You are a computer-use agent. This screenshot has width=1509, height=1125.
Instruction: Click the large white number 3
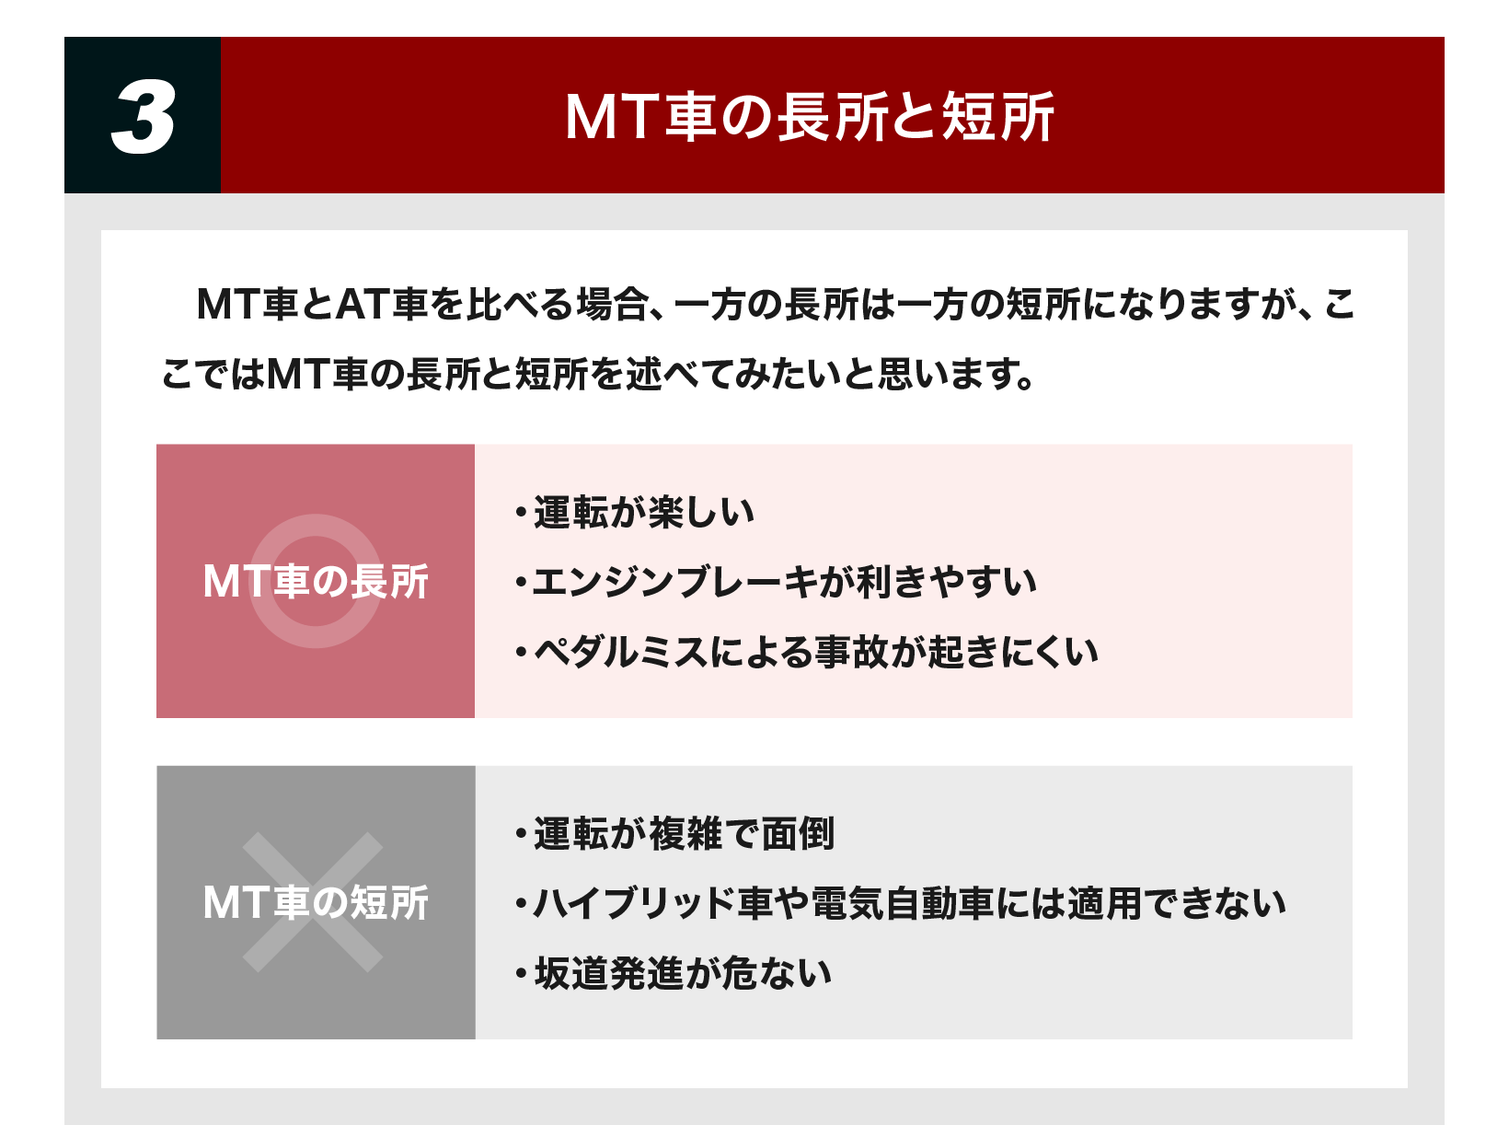(143, 116)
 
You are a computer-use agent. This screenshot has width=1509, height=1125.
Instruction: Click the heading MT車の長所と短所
(810, 117)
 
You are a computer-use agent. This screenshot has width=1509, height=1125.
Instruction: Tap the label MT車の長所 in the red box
(316, 582)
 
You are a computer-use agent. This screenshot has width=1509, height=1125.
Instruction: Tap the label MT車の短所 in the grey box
(316, 903)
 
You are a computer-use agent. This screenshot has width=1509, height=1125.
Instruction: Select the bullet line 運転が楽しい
(635, 512)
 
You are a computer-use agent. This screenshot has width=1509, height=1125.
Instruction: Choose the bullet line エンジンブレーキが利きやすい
(776, 582)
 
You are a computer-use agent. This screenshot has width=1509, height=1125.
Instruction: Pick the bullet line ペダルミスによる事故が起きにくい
(807, 653)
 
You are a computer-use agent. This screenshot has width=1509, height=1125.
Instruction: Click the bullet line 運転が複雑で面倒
(674, 833)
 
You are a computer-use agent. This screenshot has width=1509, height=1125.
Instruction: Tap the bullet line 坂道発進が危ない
(674, 973)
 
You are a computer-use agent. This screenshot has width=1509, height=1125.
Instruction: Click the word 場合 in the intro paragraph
(612, 304)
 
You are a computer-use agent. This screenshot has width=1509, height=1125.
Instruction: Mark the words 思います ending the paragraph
(948, 374)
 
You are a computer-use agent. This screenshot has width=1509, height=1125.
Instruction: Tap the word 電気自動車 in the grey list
(903, 904)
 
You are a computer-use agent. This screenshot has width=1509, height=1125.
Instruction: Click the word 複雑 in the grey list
(685, 833)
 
